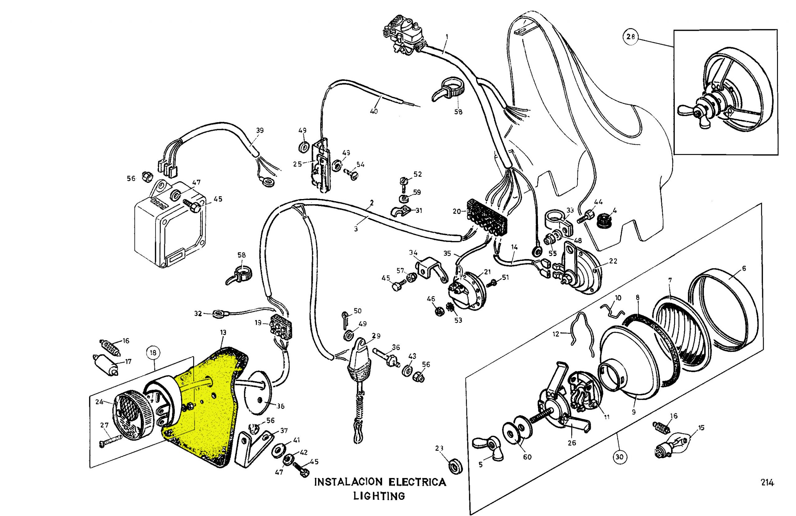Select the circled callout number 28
[x=631, y=36]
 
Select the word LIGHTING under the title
[x=379, y=495]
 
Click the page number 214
[x=767, y=482]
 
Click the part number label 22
[x=613, y=261]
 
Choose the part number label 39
[x=260, y=131]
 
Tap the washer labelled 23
[x=456, y=466]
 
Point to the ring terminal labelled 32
[x=218, y=314]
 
